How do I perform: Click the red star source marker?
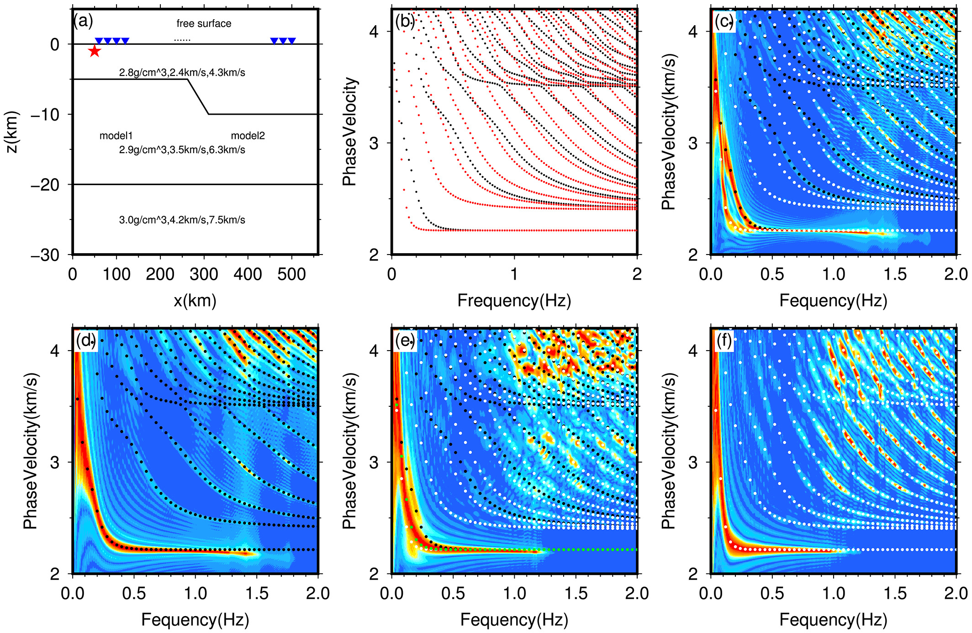[x=95, y=51]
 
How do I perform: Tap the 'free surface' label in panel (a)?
[x=204, y=23]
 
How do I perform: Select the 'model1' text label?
[x=116, y=136]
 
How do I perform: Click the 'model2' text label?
[x=248, y=136]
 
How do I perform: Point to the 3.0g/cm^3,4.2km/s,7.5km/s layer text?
[x=182, y=220]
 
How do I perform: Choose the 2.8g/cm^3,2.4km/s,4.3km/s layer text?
[x=182, y=72]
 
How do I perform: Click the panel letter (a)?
[x=83, y=21]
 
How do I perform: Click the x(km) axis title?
[x=195, y=300]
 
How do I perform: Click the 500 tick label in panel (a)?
[x=291, y=274]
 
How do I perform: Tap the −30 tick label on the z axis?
[x=45, y=255]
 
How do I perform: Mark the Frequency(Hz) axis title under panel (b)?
[x=514, y=300]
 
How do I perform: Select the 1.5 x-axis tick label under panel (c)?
[x=895, y=274]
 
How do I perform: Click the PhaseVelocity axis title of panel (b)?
[x=349, y=132]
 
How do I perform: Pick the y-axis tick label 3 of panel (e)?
[x=374, y=463]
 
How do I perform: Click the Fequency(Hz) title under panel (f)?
[x=833, y=620]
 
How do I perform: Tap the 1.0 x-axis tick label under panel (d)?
[x=195, y=593]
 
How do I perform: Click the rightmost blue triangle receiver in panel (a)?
[x=291, y=41]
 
